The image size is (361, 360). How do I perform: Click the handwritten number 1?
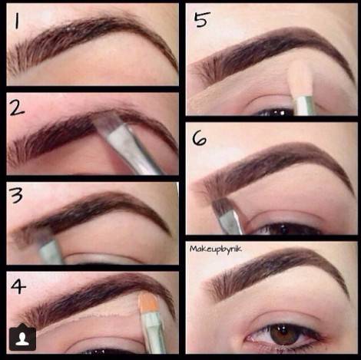pyautogui.click(x=17, y=21)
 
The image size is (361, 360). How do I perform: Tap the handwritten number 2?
pyautogui.click(x=17, y=107)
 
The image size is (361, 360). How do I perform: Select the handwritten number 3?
pyautogui.click(x=16, y=195)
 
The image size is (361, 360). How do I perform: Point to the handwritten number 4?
pyautogui.click(x=18, y=286)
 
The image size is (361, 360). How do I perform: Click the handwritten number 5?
pyautogui.click(x=202, y=19)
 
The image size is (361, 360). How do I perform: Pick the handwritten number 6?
pyautogui.click(x=200, y=139)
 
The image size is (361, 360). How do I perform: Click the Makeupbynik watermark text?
pyautogui.click(x=215, y=249)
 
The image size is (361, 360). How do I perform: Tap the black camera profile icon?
pyautogui.click(x=22, y=337)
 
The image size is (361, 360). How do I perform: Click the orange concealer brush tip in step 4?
pyautogui.click(x=147, y=303)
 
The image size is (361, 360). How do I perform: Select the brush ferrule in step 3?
pyautogui.click(x=51, y=252)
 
